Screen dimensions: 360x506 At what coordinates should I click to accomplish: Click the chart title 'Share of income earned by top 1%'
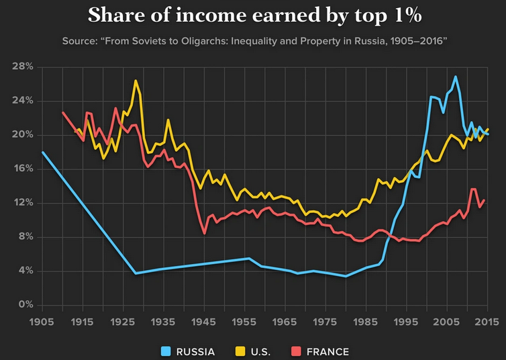253,15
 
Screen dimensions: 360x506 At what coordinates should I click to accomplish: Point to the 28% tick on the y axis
23,66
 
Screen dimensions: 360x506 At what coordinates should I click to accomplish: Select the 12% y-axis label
23,203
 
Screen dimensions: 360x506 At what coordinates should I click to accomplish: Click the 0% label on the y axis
26,305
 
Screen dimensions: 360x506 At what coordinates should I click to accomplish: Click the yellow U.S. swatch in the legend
239,351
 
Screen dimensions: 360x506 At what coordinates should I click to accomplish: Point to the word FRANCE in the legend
327,351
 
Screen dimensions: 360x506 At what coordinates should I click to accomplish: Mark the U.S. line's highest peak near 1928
136,81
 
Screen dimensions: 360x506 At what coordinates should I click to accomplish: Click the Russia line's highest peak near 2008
456,77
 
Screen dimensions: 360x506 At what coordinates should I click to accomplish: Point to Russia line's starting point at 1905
42,152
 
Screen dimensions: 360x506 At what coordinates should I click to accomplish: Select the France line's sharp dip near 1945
204,233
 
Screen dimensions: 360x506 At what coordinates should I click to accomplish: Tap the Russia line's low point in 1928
136,273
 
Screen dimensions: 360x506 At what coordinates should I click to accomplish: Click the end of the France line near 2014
484,200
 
